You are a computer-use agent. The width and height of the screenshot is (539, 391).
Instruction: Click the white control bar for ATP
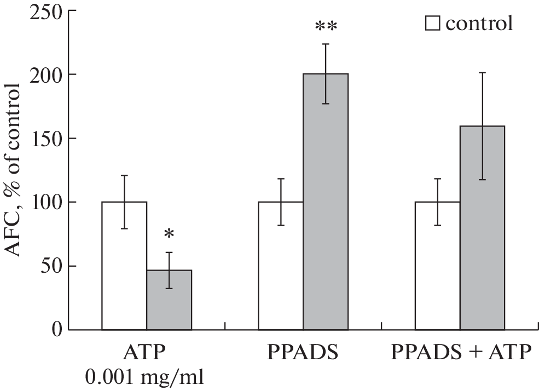coord(124,266)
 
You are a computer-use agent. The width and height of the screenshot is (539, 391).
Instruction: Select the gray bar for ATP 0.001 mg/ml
coord(169,300)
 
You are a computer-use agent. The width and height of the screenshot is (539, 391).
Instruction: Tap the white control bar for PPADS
coord(281,266)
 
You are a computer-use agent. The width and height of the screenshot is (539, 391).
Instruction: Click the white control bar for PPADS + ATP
coord(437,266)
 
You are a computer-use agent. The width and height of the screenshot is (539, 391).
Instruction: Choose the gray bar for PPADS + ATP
coord(482,228)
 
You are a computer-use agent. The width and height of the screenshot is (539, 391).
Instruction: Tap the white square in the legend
coord(433,24)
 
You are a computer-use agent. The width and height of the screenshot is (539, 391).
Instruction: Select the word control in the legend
coord(479,24)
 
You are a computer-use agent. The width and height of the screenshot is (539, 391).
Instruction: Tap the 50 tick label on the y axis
coord(48,266)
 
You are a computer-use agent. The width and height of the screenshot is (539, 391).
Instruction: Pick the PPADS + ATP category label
coord(461,352)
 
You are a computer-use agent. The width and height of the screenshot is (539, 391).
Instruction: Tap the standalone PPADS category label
coord(303,352)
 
